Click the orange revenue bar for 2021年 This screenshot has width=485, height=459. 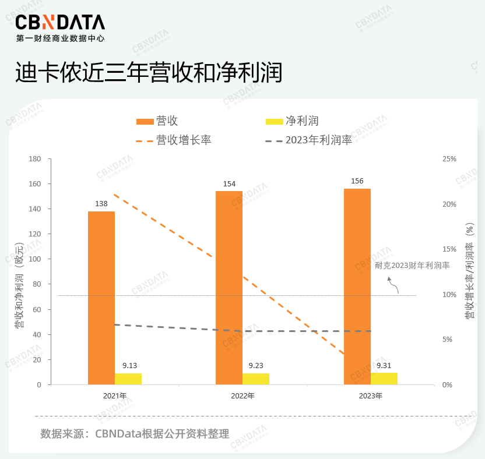(x=101, y=297)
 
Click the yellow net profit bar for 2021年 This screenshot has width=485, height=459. (x=128, y=379)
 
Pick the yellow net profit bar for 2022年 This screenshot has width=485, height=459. (x=256, y=379)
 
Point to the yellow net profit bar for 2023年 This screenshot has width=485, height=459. (x=384, y=379)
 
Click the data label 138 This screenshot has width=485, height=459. (x=101, y=204)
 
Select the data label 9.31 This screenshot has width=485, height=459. (x=384, y=366)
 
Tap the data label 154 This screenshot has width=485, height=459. (x=229, y=184)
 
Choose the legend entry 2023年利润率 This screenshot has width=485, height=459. (x=319, y=140)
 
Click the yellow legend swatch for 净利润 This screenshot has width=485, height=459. (x=273, y=121)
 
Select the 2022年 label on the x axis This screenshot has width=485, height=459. (x=242, y=396)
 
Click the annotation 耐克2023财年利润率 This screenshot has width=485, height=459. (x=412, y=265)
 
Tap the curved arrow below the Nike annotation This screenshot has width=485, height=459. (x=393, y=285)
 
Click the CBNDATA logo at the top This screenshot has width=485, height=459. (x=60, y=23)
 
